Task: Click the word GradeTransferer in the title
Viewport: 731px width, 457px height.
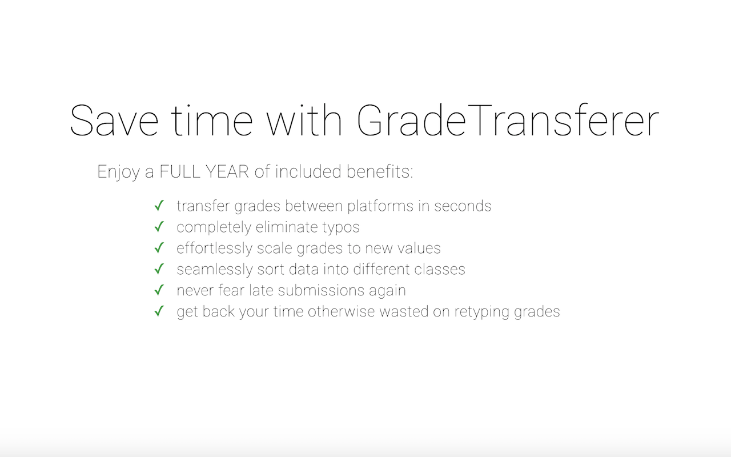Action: point(508,121)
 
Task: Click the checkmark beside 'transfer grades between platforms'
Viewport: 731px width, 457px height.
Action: point(159,206)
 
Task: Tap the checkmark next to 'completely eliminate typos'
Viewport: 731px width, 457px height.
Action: point(159,227)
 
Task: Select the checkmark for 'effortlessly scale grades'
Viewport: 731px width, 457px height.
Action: point(159,248)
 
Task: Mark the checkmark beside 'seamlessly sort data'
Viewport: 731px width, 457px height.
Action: point(159,269)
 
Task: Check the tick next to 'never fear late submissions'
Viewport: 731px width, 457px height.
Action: point(159,290)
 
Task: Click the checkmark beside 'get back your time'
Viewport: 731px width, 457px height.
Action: point(159,311)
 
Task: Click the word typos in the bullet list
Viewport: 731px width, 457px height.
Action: point(340,227)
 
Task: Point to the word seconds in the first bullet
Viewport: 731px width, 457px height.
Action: point(463,206)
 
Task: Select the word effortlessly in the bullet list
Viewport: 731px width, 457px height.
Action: point(214,248)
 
